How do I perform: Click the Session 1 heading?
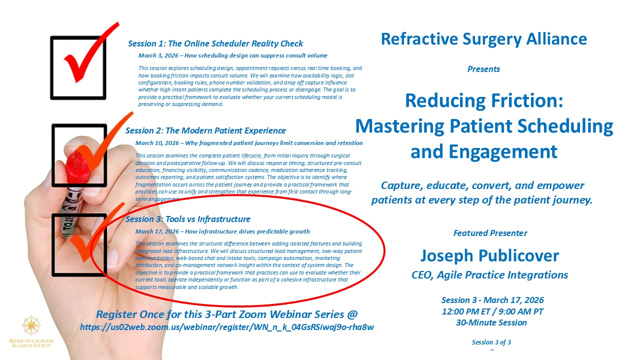[x=215, y=43]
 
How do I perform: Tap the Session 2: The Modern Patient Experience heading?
[x=205, y=130]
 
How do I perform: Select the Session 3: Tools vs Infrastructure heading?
[x=187, y=219]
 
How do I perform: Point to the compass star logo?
[x=31, y=325]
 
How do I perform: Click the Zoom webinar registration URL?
[x=227, y=327]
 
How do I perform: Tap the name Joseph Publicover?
[x=489, y=255]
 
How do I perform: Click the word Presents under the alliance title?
[x=483, y=69]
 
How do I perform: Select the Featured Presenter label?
[x=490, y=233]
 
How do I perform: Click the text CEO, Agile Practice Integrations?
[x=489, y=275]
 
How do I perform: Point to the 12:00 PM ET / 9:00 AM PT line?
[x=492, y=311]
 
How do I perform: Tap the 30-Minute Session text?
[x=491, y=322]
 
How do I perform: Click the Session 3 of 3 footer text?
[x=491, y=342]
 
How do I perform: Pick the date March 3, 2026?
[x=158, y=55]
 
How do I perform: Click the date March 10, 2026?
[x=157, y=143]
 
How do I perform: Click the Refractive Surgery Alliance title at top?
[x=484, y=39]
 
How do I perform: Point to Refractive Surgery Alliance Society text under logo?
[x=31, y=343]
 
